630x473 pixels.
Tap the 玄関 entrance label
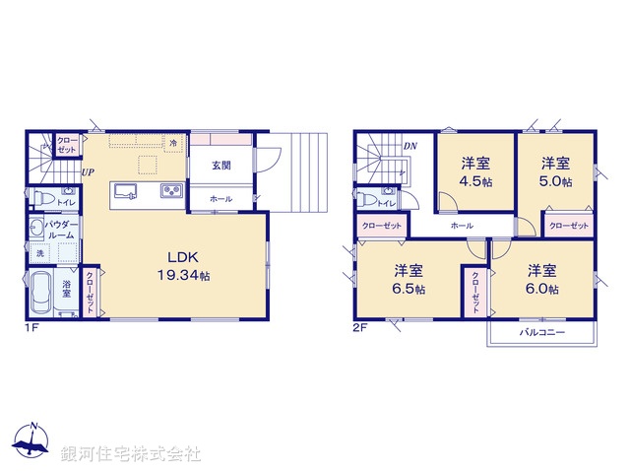(220, 166)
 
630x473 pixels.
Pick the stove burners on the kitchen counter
(170, 190)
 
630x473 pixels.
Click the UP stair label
(89, 172)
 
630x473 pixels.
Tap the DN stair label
(409, 147)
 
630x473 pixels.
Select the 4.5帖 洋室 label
(474, 173)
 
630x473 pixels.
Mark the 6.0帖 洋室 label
(541, 280)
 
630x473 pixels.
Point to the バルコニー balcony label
(541, 334)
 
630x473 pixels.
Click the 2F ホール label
(461, 226)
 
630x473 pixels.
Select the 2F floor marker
(361, 328)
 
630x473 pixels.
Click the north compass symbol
(34, 441)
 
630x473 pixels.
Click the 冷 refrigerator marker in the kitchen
(173, 143)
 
